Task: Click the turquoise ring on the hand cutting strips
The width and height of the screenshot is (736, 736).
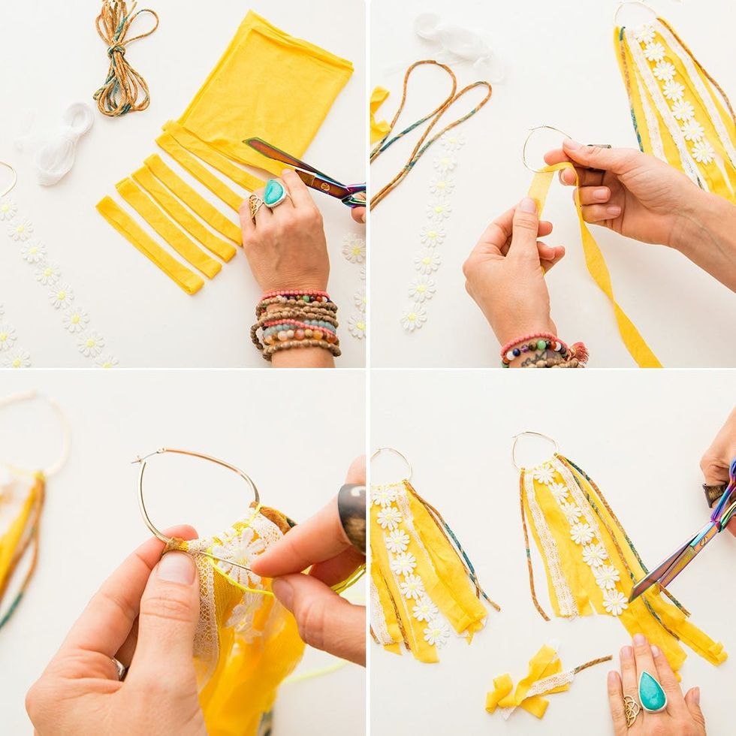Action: (274, 193)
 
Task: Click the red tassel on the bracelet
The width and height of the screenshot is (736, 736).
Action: (579, 351)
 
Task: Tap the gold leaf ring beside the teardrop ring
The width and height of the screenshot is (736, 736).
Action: (631, 708)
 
